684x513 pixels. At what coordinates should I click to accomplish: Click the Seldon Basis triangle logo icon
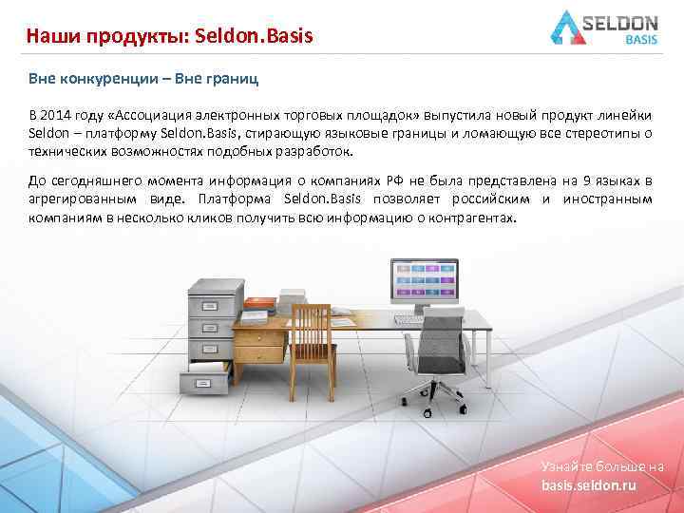click(x=573, y=28)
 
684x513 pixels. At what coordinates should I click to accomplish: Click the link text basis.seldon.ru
click(x=589, y=485)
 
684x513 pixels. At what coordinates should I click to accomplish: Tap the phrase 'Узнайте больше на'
click(x=601, y=467)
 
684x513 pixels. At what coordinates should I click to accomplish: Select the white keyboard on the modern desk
click(x=409, y=319)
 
